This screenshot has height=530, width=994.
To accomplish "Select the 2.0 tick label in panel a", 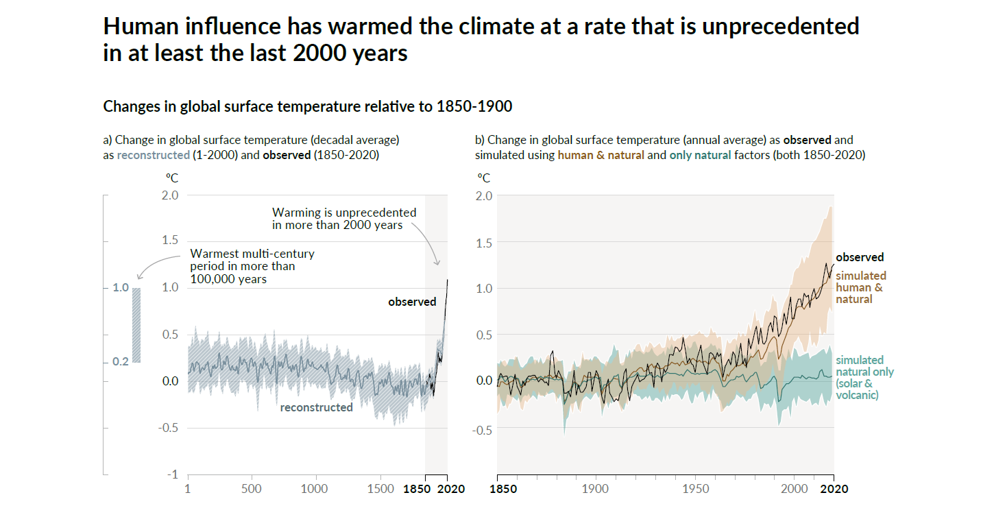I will [170, 195].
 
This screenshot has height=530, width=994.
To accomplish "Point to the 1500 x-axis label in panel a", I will [381, 489].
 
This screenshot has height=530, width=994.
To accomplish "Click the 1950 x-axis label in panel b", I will [696, 489].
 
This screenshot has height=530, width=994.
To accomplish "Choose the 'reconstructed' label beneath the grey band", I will [316, 407].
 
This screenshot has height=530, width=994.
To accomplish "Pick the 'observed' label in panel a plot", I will [412, 302].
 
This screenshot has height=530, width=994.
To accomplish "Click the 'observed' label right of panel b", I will [860, 258].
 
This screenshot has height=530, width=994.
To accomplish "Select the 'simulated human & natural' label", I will [860, 287].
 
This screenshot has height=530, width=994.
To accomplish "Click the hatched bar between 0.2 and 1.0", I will [136, 325].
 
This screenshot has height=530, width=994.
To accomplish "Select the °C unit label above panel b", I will [483, 178].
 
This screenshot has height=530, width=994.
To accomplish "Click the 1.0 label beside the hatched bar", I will [121, 288].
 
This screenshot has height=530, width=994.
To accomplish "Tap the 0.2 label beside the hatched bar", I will [121, 361].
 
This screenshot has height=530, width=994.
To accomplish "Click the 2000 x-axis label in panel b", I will [795, 489].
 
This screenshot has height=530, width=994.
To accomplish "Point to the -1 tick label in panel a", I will [173, 474].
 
